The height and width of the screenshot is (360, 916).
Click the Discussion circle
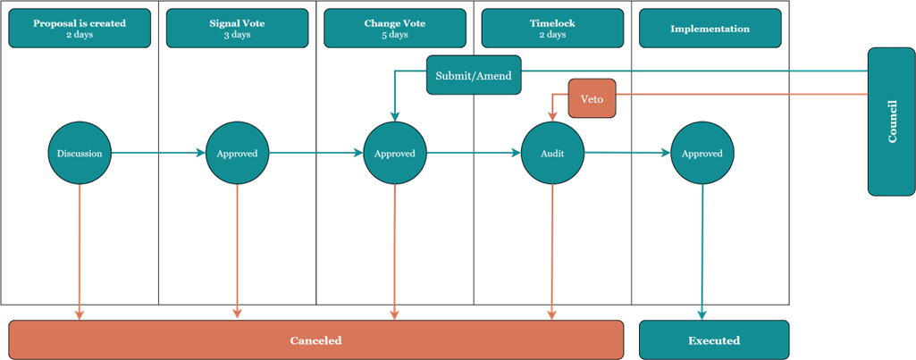[80, 154]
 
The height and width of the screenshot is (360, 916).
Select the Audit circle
[552, 154]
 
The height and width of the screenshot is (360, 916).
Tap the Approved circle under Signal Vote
[237, 154]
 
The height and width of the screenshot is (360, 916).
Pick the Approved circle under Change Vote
[395, 154]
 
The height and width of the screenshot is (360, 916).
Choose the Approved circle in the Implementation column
[702, 154]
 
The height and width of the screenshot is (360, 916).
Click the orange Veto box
[592, 98]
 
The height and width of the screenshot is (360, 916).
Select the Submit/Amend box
[474, 75]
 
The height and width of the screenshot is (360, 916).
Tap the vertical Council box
[892, 121]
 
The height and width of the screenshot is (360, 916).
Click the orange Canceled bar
[316, 340]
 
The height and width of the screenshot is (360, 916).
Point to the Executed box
[714, 340]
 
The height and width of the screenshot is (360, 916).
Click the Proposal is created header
[80, 28]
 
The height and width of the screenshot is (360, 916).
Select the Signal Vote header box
[237, 28]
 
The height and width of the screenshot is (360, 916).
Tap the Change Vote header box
[395, 28]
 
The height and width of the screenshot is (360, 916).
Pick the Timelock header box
[552, 28]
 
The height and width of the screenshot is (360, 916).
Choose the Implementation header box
[710, 28]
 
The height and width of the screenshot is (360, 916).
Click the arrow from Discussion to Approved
[158, 154]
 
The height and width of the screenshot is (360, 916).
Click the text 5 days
[395, 35]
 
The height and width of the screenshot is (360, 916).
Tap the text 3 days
[237, 35]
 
